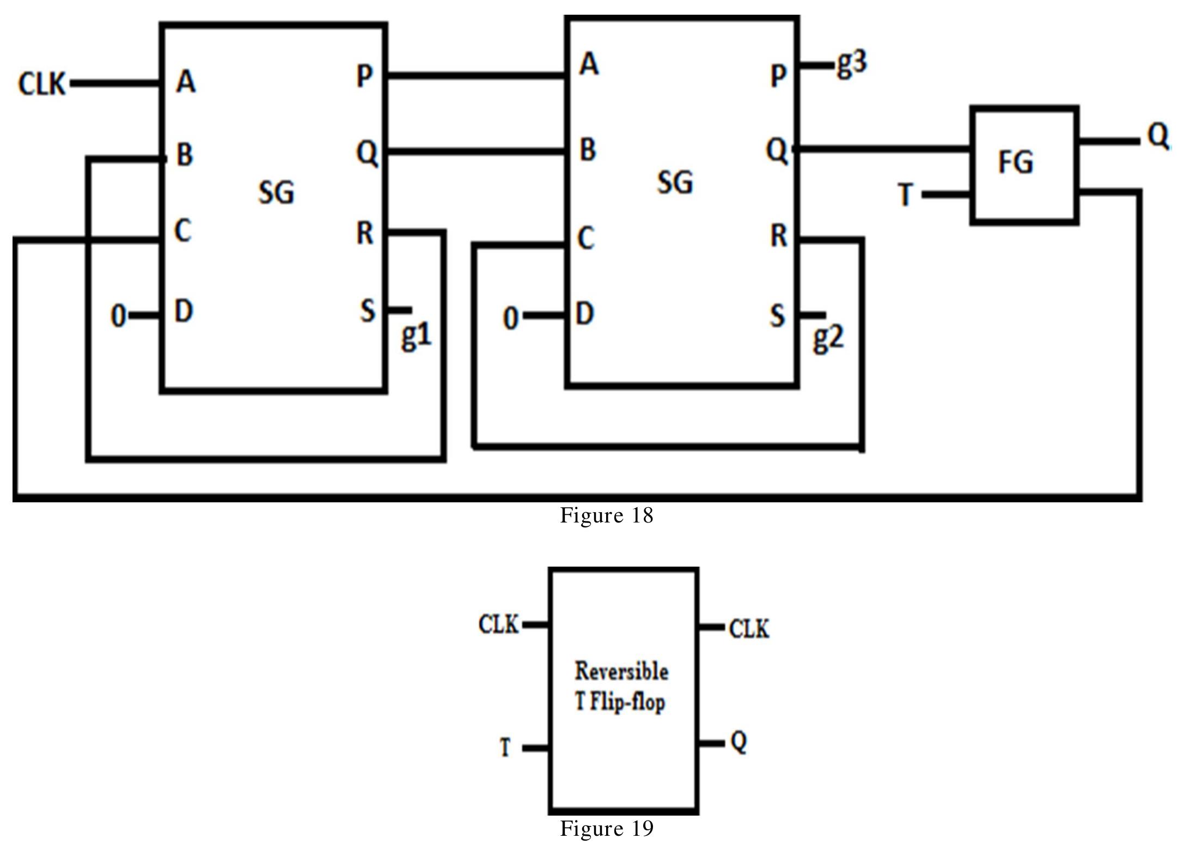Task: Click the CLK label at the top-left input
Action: pos(42,84)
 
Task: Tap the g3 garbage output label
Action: pos(851,64)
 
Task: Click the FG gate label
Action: pos(1016,162)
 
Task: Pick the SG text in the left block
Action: pos(276,192)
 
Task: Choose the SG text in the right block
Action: pos(675,182)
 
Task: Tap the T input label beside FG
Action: pos(905,195)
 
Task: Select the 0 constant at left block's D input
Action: pos(118,316)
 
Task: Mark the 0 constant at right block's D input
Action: pos(510,318)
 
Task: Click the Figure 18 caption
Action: pos(606,515)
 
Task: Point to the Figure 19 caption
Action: pos(606,829)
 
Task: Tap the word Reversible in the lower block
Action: pos(621,671)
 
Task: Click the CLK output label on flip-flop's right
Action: pos(749,629)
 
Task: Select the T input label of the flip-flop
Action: pos(505,747)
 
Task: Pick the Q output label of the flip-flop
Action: pos(739,742)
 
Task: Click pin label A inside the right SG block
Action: pos(589,64)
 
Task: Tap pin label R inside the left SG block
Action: pos(365,233)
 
